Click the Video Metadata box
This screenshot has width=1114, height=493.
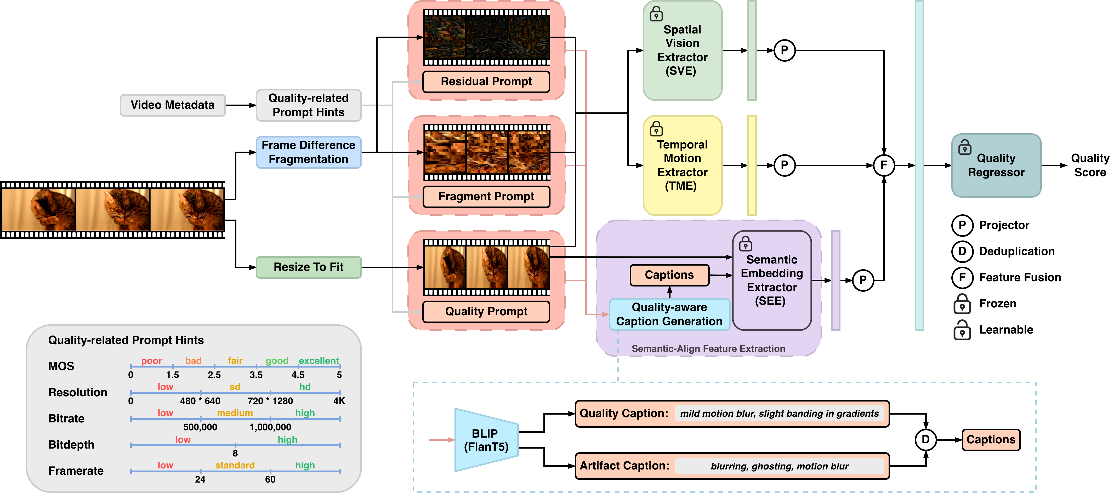[173, 105]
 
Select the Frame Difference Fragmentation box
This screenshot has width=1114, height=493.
[308, 152]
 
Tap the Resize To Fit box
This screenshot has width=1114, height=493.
[308, 267]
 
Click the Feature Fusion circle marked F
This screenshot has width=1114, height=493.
[884, 165]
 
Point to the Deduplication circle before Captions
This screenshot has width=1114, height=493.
[925, 440]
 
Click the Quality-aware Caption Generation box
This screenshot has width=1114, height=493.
[669, 314]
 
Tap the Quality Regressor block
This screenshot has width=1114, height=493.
[996, 165]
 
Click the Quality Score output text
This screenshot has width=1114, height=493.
[1090, 165]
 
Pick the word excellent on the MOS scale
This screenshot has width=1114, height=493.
[319, 361]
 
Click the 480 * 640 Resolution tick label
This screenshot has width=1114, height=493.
[200, 401]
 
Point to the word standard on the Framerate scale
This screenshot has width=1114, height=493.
[235, 465]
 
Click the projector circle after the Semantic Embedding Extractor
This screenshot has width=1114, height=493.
[863, 280]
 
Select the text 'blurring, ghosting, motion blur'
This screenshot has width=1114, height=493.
[779, 466]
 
